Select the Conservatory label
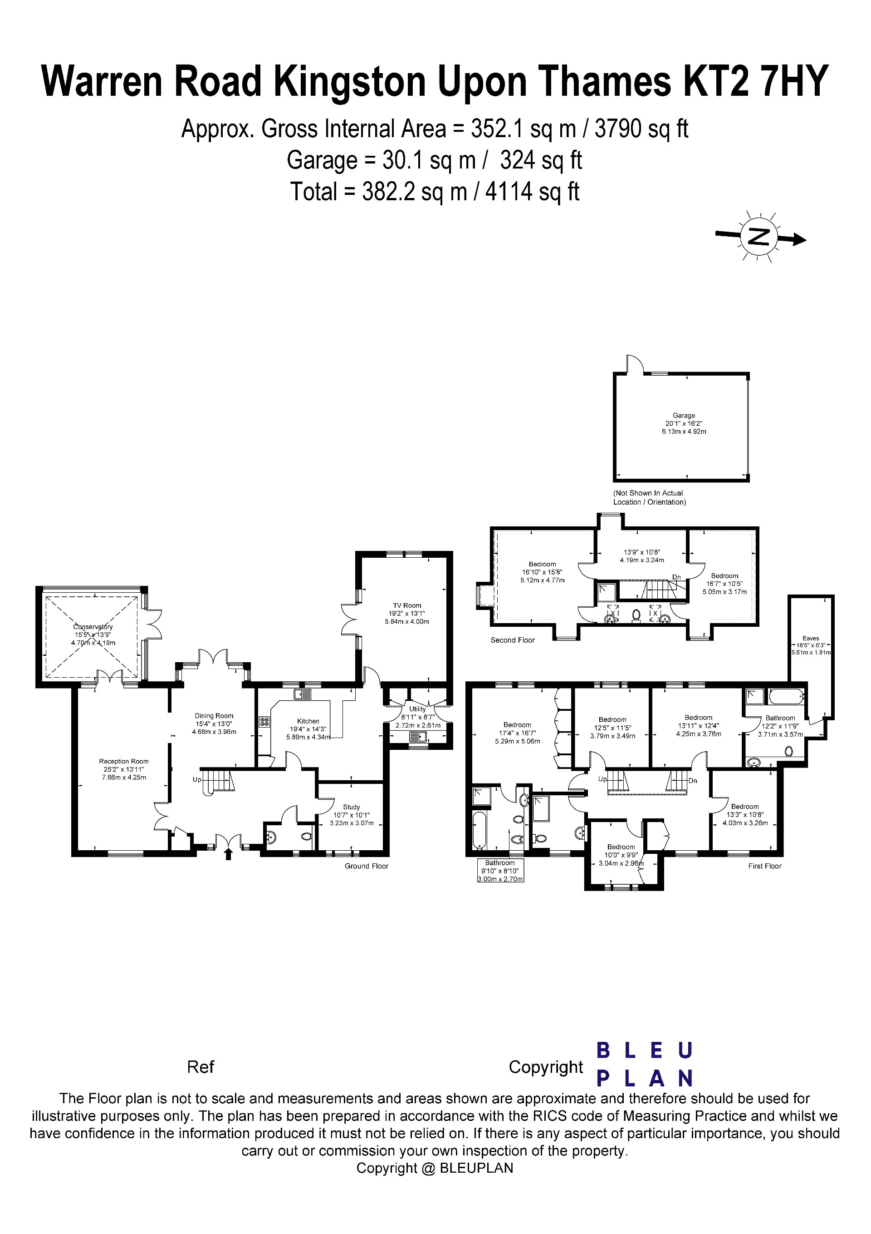tap(93, 627)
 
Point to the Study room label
tap(351, 807)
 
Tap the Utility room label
tap(417, 709)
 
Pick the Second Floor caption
tap(512, 640)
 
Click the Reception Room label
tap(123, 761)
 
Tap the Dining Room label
tap(214, 716)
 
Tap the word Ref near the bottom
tap(201, 1067)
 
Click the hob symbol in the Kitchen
tap(264, 722)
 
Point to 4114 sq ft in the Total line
tap(532, 192)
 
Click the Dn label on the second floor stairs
tap(676, 577)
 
